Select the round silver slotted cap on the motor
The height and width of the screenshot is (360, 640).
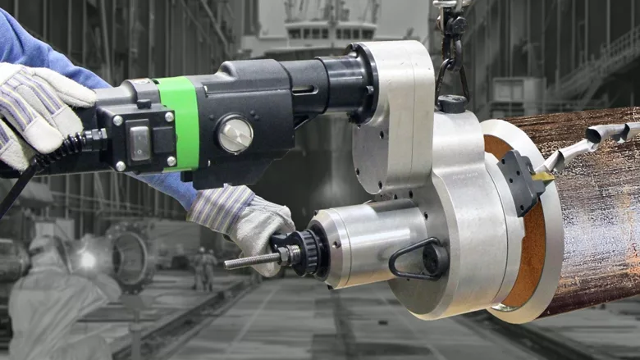(235, 133)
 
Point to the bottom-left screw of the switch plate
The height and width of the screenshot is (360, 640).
(120, 166)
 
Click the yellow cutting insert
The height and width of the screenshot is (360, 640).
(542, 175)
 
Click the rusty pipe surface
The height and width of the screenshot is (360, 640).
(591, 221)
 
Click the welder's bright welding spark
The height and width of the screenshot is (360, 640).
(85, 262)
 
